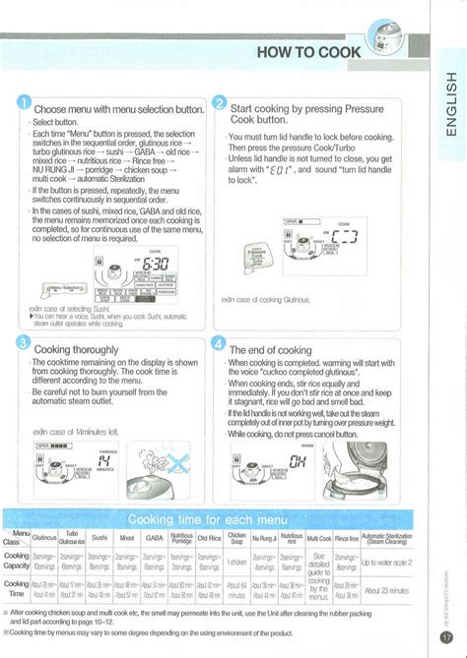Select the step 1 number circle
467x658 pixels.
pos(23,105)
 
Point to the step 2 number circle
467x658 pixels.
pos(219,105)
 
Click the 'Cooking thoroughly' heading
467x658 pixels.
pos(76,349)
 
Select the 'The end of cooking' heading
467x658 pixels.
pos(272,349)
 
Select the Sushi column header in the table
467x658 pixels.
pos(100,539)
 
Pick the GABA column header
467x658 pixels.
pos(155,539)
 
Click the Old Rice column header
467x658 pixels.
pos(209,539)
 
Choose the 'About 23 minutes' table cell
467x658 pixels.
pos(386,590)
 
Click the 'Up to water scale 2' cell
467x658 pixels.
pos(386,562)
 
